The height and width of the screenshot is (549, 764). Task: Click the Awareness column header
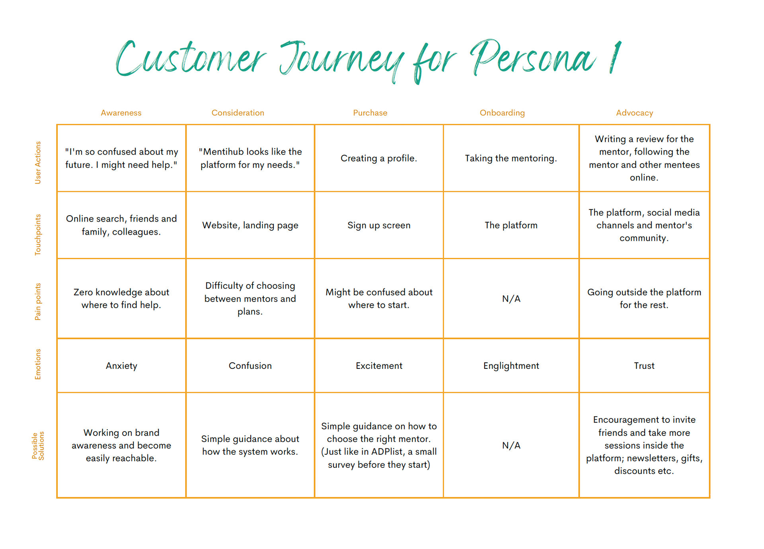tap(121, 113)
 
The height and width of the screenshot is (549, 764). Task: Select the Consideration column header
tap(238, 113)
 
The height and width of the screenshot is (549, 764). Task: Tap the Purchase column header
tap(370, 113)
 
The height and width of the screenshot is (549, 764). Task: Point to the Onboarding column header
tap(502, 113)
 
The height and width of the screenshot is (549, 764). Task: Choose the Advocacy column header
tap(635, 113)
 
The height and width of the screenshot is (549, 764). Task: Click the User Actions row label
tap(38, 163)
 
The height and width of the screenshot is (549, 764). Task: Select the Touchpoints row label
tap(38, 235)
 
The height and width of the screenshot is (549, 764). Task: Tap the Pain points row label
tap(38, 302)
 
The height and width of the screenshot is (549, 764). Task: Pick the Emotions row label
tap(38, 364)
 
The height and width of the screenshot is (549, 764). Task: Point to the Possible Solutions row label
tap(38, 446)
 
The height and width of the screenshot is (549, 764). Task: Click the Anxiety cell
tap(121, 366)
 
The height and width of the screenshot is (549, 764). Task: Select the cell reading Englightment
tap(511, 366)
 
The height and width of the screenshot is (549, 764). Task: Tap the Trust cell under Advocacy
tap(644, 366)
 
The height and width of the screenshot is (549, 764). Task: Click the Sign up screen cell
tap(379, 226)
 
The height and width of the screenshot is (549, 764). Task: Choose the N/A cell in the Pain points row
tap(511, 299)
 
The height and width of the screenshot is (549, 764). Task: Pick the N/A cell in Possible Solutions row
tap(511, 446)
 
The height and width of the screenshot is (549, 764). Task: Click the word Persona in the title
tap(533, 60)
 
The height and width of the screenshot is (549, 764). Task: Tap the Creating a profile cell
tap(379, 158)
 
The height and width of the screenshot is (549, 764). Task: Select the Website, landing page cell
tap(250, 226)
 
